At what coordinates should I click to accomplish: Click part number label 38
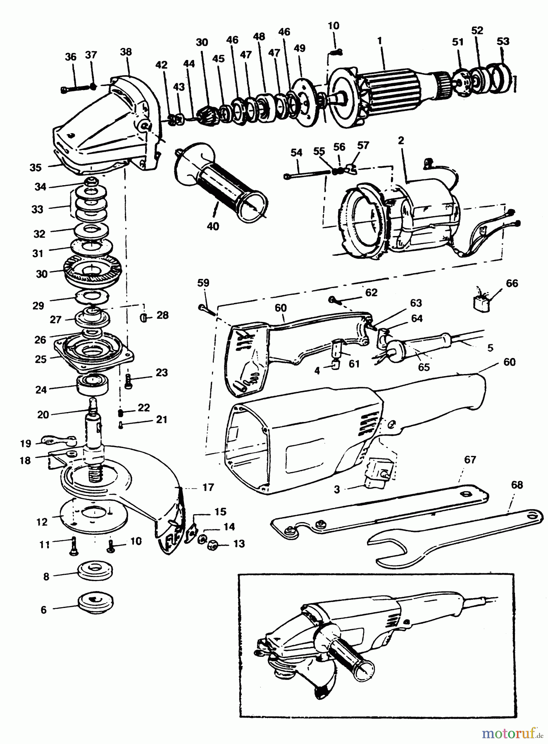click(126, 52)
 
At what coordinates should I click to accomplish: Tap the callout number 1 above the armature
click(379, 41)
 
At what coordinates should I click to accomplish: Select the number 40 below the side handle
click(213, 227)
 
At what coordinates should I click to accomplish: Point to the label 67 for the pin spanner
click(470, 460)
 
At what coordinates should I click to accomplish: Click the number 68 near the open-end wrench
click(517, 485)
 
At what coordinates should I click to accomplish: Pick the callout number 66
click(512, 284)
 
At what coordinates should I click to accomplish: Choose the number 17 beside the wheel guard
click(208, 488)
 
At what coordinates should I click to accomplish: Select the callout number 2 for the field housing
click(400, 140)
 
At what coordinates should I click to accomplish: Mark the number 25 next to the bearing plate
click(41, 359)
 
